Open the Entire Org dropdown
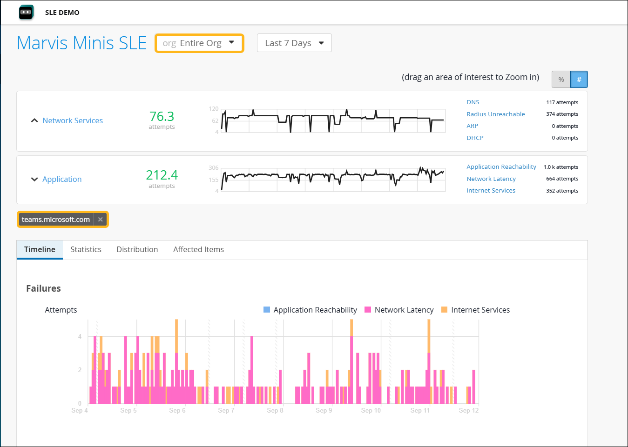click(199, 43)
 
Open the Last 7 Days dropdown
click(294, 43)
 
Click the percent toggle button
click(561, 80)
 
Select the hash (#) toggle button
click(579, 80)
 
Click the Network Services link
click(73, 120)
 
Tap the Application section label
click(62, 179)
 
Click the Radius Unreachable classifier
click(495, 114)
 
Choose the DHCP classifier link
click(475, 138)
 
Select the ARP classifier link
click(472, 126)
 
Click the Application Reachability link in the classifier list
click(501, 167)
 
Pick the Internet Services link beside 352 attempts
click(491, 190)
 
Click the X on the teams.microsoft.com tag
click(101, 220)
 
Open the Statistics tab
click(86, 249)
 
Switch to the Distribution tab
click(137, 249)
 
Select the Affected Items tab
click(198, 249)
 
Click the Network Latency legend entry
click(404, 310)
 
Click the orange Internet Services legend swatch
click(444, 310)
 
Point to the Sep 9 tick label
click(324, 410)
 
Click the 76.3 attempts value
click(162, 116)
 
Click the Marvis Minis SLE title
click(81, 43)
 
